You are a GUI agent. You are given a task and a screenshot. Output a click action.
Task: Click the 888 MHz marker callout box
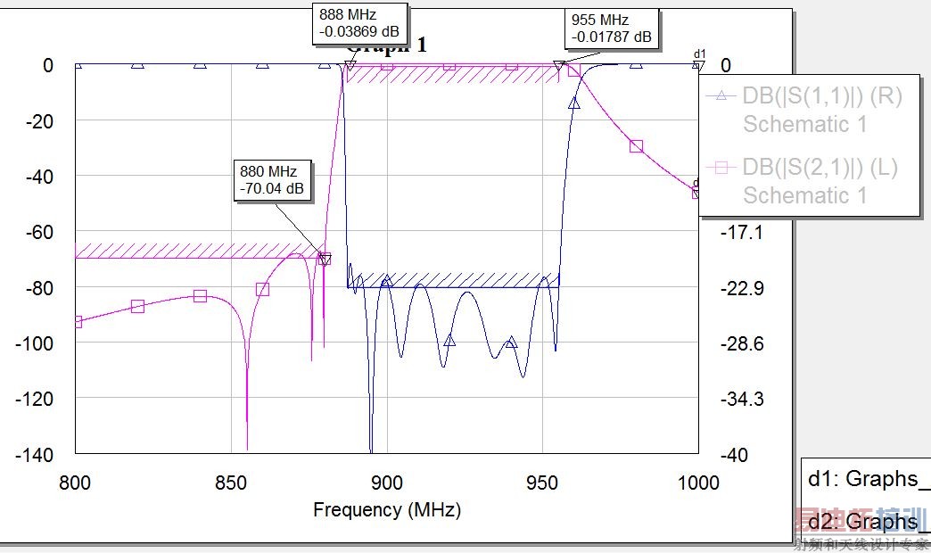point(359,24)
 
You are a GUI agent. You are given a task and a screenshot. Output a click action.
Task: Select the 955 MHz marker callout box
point(611,29)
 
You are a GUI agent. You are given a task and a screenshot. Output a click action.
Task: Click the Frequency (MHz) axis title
point(386,510)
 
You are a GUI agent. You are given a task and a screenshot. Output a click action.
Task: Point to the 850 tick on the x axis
point(231,483)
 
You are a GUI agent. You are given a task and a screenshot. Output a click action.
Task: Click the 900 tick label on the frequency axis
point(386,483)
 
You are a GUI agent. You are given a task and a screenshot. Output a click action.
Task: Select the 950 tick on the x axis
point(542,483)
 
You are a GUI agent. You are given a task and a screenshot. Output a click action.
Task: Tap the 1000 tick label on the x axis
point(697,483)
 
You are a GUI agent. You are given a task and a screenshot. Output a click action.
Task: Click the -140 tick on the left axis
point(35,455)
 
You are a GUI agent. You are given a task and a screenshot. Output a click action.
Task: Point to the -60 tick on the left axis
point(38,232)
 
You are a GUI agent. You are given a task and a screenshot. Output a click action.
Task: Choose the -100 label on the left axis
point(35,343)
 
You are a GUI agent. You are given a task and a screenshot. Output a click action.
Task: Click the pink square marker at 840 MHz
point(200,296)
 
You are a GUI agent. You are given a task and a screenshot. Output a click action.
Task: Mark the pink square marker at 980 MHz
point(636,145)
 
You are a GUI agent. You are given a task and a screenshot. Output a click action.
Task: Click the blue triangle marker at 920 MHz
point(449,340)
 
